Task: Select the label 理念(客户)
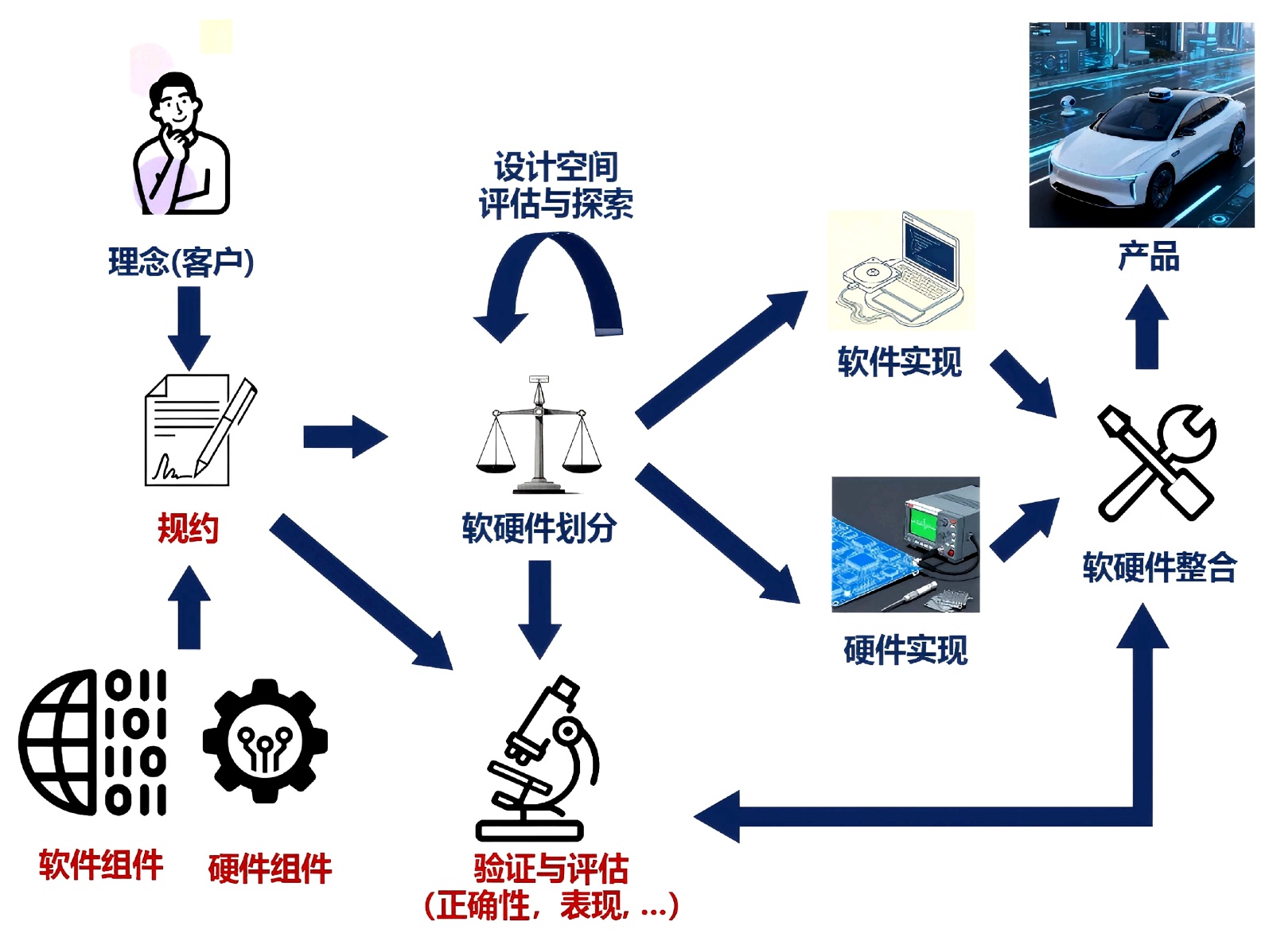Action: click(181, 262)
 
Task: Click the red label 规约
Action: click(188, 528)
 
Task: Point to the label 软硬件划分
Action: click(539, 527)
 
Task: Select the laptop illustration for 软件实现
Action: click(901, 270)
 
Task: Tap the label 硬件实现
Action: click(905, 650)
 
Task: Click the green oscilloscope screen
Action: click(924, 523)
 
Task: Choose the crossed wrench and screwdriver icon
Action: click(1157, 461)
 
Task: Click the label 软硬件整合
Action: click(1159, 567)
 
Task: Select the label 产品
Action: click(1148, 257)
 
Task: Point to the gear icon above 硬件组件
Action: click(265, 741)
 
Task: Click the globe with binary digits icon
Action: click(93, 742)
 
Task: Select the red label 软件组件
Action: click(101, 864)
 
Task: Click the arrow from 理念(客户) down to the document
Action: click(189, 326)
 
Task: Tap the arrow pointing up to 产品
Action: click(1146, 326)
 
